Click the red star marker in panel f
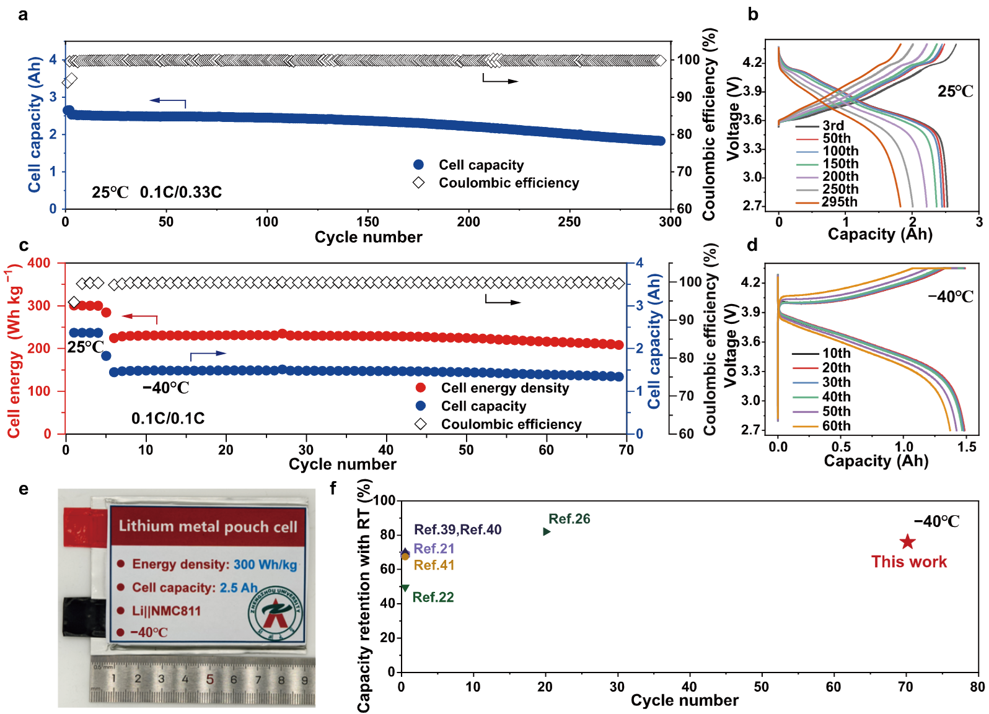(907, 542)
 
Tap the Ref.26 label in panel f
(569, 519)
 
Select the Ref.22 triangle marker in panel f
(405, 588)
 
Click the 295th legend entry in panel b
(840, 202)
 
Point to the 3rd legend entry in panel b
(833, 126)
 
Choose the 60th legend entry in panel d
(836, 426)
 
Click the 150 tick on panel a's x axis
(367, 222)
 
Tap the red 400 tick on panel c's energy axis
(39, 263)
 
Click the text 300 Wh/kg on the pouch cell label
(265, 564)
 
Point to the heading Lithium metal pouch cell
(208, 526)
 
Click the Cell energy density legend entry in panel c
(504, 388)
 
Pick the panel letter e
(24, 489)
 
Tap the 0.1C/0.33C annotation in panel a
(180, 192)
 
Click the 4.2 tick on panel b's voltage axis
(752, 63)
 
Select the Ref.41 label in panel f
(434, 565)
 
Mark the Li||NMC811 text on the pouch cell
(166, 611)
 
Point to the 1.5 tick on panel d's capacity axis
(966, 446)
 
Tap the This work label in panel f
(908, 562)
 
